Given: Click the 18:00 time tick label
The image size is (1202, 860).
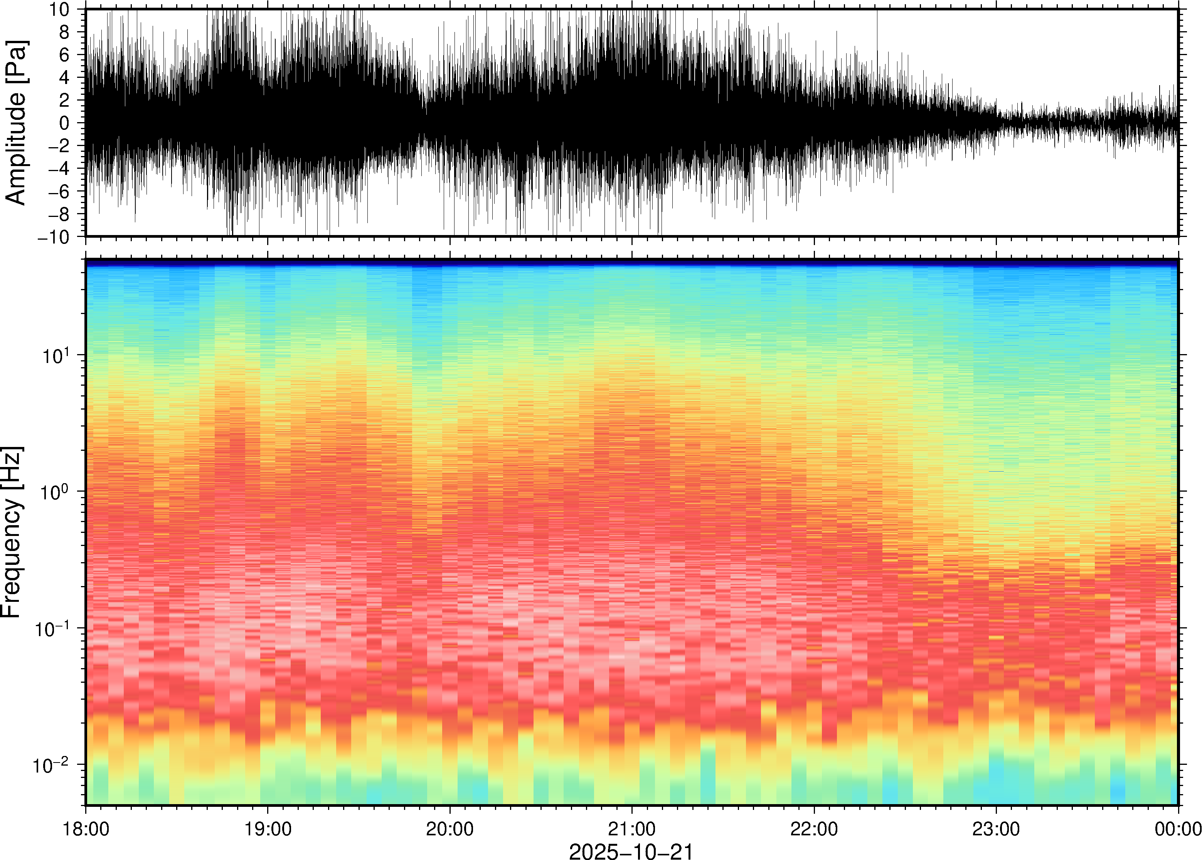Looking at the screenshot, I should (x=86, y=829).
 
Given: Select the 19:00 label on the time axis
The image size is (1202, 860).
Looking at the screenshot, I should (x=268, y=829).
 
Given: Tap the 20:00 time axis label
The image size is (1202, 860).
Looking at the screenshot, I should (x=450, y=829).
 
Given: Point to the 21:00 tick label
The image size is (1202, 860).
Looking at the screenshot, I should (x=631, y=829).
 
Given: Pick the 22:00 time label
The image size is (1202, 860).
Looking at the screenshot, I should (x=814, y=829).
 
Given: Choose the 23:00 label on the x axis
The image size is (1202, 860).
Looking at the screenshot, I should (x=996, y=829).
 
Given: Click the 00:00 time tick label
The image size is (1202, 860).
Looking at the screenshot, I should (x=1178, y=829).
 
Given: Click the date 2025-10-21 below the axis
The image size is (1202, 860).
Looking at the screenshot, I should (x=631, y=851).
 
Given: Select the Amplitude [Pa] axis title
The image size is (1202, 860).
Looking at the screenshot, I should (x=16, y=123).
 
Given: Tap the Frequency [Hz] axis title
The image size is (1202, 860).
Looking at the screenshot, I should (x=12, y=532).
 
